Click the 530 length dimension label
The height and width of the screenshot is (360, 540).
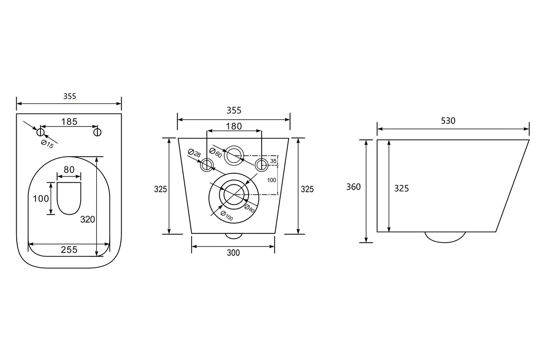click(x=448, y=121)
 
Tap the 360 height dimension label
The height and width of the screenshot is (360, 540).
click(x=354, y=187)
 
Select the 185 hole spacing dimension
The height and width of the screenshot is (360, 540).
click(x=69, y=122)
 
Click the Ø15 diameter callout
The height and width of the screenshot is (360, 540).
click(x=47, y=144)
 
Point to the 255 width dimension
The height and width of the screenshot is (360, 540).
click(x=69, y=249)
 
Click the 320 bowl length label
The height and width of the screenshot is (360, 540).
click(x=87, y=219)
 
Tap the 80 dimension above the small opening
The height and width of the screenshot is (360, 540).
click(x=69, y=170)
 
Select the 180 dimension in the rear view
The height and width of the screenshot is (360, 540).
click(x=234, y=126)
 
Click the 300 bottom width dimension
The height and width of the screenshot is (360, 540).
click(x=233, y=253)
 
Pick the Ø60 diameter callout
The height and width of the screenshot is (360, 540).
click(x=216, y=153)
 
